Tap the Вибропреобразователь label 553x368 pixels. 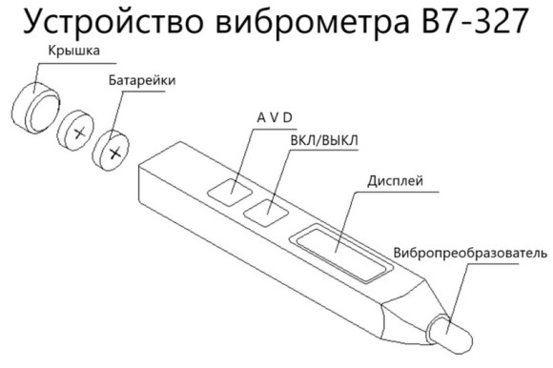pos(470,253)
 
